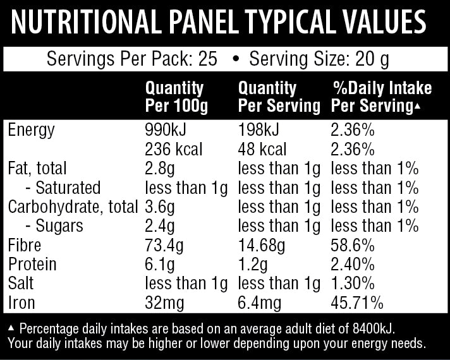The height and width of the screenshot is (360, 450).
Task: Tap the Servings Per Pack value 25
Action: coord(207,60)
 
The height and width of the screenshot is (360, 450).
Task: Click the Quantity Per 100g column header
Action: coord(176,97)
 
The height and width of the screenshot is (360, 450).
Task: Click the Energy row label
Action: coord(31,130)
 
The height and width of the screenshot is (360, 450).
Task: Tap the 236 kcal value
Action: coord(174,150)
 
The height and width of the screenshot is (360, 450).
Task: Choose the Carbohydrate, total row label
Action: coord(72,207)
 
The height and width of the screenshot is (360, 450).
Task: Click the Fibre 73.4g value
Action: coord(164,245)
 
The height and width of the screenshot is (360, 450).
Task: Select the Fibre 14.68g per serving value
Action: coord(262,245)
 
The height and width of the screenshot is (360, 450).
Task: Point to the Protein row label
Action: coord(32,264)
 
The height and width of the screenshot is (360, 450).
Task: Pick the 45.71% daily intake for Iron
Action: coord(357,303)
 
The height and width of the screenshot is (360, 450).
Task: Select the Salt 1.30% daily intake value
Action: coord(353,284)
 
